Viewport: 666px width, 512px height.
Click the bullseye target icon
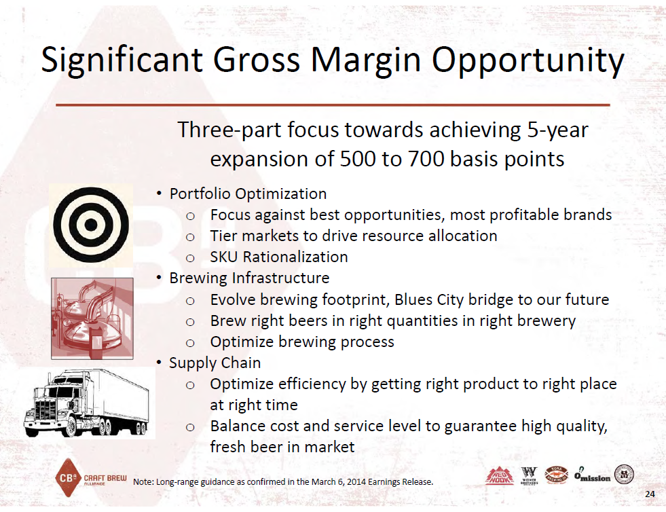click(x=91, y=225)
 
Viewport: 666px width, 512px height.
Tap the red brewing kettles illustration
click(x=92, y=318)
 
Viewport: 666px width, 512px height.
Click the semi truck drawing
click(x=87, y=403)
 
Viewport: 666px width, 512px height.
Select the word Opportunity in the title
click(x=528, y=60)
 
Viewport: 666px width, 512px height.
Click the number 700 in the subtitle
click(x=426, y=159)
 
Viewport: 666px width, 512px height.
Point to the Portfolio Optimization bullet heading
click(x=248, y=194)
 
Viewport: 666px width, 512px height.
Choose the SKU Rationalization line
click(x=279, y=257)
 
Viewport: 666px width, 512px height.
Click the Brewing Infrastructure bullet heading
click(x=249, y=278)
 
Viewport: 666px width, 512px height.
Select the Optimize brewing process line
click(x=302, y=342)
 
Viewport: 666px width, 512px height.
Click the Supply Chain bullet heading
click(x=215, y=363)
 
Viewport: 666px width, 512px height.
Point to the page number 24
click(x=650, y=494)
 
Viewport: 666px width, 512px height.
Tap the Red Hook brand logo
click(x=500, y=476)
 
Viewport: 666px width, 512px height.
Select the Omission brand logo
click(x=592, y=475)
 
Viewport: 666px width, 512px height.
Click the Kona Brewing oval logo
click(x=557, y=475)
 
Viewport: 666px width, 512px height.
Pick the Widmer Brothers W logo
click(x=530, y=475)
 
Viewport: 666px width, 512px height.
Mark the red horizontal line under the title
click(x=333, y=105)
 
